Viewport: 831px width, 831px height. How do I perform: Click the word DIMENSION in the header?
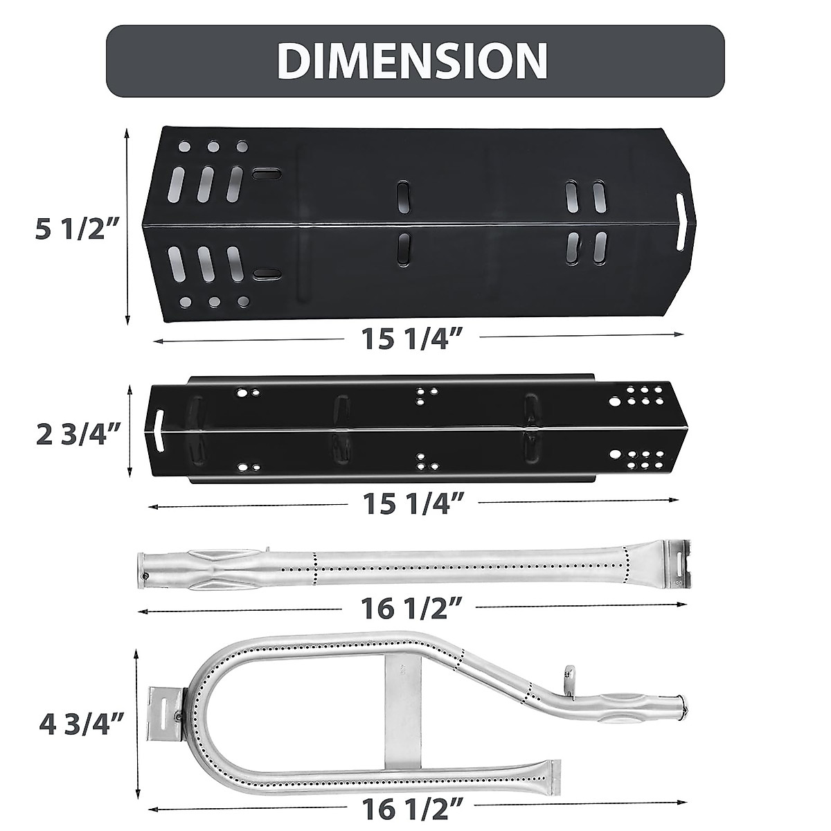[413, 61]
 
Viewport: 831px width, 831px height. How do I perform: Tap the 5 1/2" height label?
[71, 229]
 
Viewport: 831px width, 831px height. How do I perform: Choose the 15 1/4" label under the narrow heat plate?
[413, 503]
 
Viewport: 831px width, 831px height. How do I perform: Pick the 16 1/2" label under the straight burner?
[411, 609]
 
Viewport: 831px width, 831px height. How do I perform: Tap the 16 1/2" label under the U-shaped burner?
[411, 808]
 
